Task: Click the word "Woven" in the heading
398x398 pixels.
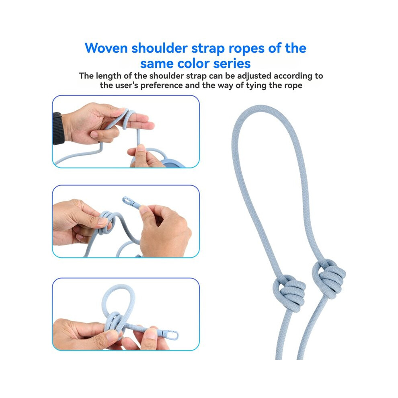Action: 106,48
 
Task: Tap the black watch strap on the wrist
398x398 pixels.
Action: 58,129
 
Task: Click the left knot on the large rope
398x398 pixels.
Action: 289,290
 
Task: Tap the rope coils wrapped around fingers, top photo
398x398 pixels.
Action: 128,118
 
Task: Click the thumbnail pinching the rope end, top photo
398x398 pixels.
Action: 140,148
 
